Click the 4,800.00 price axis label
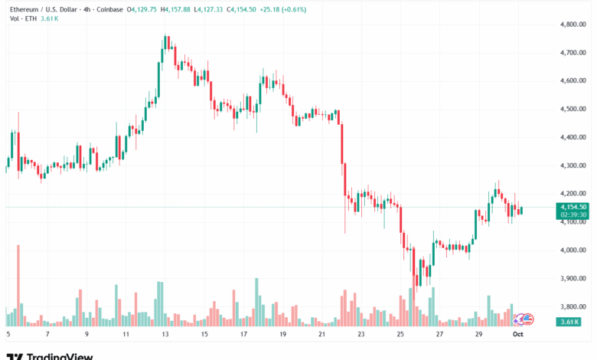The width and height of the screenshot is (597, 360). (x=572, y=25)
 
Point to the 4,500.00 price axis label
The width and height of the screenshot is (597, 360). (x=572, y=109)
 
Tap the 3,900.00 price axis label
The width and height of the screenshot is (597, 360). (x=572, y=278)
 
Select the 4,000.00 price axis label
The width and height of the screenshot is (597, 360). (x=572, y=250)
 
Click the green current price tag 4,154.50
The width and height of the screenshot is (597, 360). (x=573, y=207)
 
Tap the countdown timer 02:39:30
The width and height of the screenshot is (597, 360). (x=573, y=215)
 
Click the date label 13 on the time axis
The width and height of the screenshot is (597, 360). (x=165, y=334)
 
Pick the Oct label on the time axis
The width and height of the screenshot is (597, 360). (x=517, y=334)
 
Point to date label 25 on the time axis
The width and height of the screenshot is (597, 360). (x=400, y=334)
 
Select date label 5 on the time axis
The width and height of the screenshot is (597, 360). (x=8, y=334)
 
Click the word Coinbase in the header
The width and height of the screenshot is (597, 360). (x=108, y=9)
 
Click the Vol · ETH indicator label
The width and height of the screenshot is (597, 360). (x=21, y=18)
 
